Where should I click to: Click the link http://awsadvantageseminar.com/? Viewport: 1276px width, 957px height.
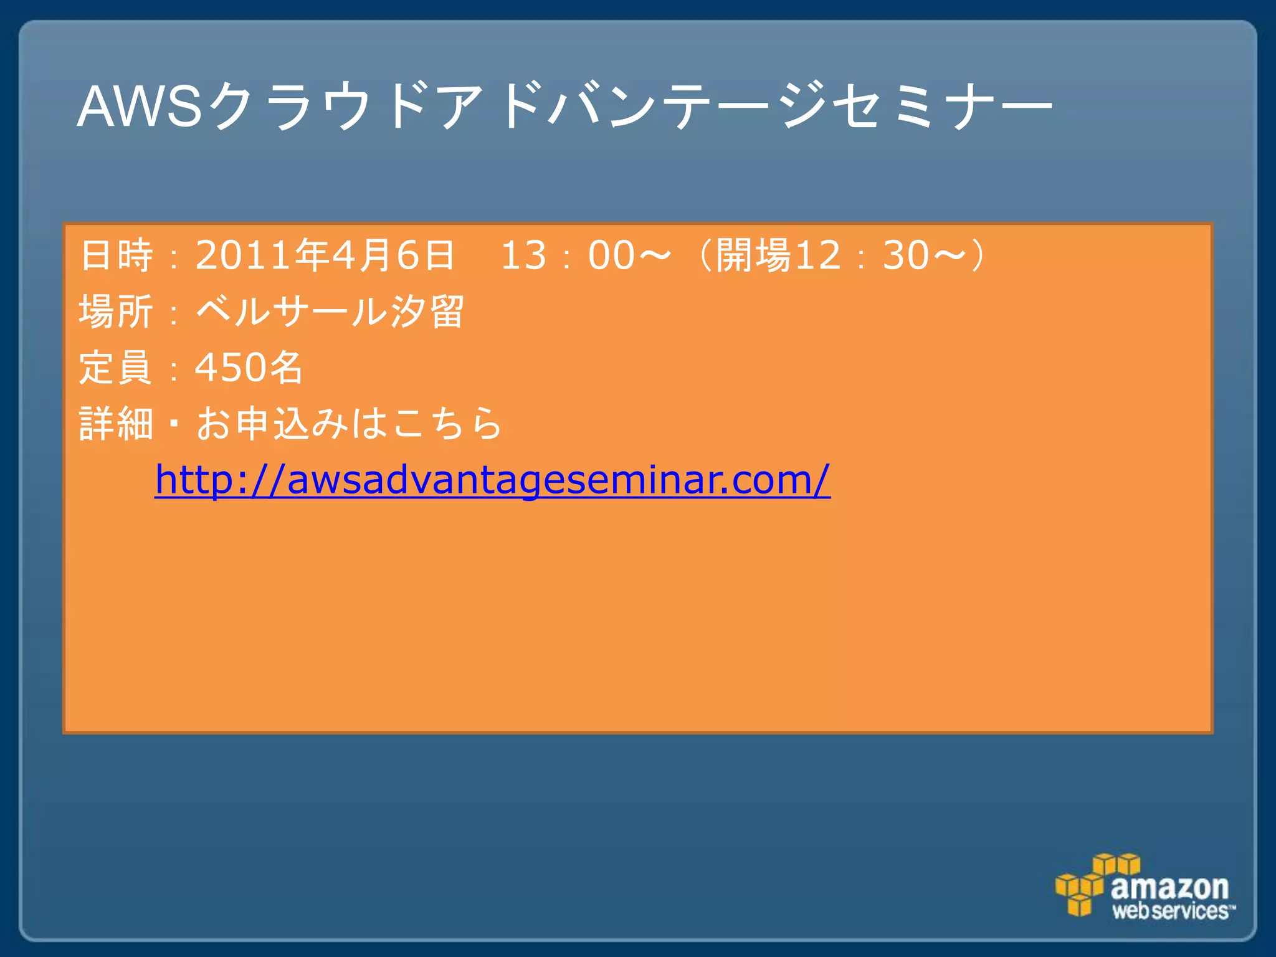click(x=492, y=480)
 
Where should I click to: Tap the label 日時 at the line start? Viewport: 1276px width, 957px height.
click(x=117, y=255)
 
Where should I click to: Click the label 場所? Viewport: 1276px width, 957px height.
click(x=117, y=311)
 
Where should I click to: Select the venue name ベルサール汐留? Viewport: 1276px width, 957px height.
click(x=330, y=311)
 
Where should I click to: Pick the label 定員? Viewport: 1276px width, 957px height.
click(x=117, y=367)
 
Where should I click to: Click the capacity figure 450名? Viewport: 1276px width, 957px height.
click(x=249, y=367)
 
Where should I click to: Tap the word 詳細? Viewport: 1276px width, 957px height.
click(x=117, y=424)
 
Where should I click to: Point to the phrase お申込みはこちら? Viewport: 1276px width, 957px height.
click(x=349, y=424)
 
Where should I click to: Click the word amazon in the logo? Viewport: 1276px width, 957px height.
click(x=1169, y=886)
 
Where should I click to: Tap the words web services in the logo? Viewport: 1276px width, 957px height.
click(x=1171, y=911)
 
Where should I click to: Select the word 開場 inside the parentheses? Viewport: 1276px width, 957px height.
click(x=753, y=255)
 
